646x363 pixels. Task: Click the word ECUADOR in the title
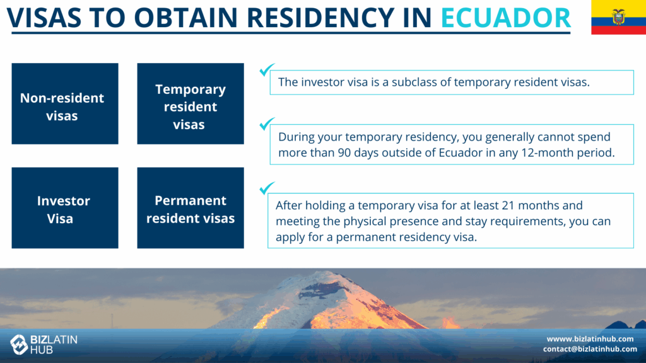tap(505, 17)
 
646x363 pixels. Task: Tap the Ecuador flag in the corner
tap(618, 17)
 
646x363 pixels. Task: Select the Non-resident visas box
tap(65, 104)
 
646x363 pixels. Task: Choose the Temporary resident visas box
tap(191, 104)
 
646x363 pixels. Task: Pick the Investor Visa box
tap(65, 208)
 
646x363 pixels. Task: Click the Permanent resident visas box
tap(191, 208)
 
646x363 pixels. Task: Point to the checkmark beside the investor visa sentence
tap(267, 69)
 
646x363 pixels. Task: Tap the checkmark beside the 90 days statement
tap(267, 124)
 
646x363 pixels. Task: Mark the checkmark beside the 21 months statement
tap(267, 188)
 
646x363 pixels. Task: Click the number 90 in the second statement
tap(344, 153)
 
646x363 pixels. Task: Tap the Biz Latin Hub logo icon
tap(18, 345)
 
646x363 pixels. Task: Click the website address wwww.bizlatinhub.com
tap(590, 338)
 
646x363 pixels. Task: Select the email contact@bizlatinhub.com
tap(590, 349)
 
